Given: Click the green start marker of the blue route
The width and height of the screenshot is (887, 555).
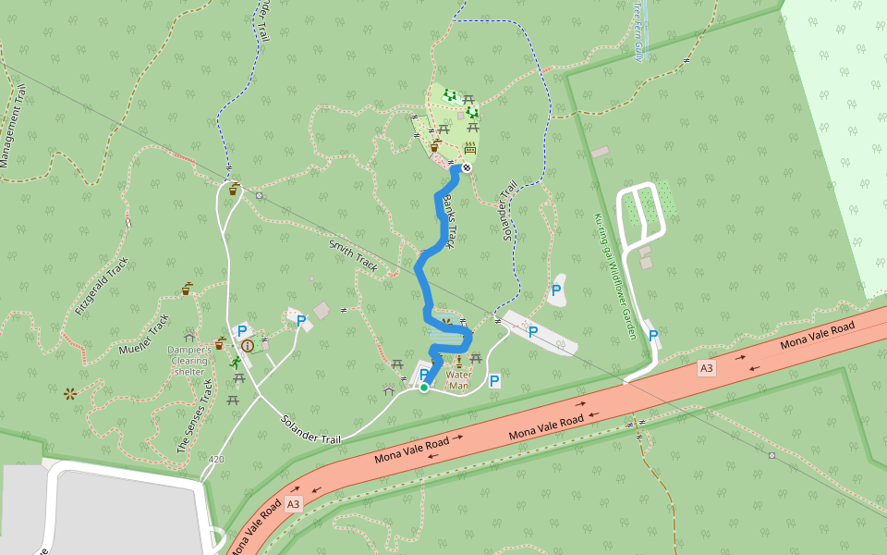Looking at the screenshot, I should coord(424,388).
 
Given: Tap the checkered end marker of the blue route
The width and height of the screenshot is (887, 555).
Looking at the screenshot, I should coord(467,167).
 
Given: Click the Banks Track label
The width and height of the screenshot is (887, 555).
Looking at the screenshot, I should coord(448,221).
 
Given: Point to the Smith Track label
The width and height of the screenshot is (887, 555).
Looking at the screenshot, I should coord(353,256).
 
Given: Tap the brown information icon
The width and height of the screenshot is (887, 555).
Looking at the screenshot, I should coord(248,345).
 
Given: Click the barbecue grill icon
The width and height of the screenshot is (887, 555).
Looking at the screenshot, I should coord(470,147).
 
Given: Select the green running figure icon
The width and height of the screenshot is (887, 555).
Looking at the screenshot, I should coord(237,363).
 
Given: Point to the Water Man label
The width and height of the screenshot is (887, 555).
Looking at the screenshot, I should coord(459,380).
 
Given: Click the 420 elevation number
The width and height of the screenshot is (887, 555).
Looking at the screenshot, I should coord(216,459).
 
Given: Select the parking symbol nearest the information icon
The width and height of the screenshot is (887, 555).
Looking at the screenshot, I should coord(242,330).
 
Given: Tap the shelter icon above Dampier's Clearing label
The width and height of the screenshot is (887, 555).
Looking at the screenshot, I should coord(190,334).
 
